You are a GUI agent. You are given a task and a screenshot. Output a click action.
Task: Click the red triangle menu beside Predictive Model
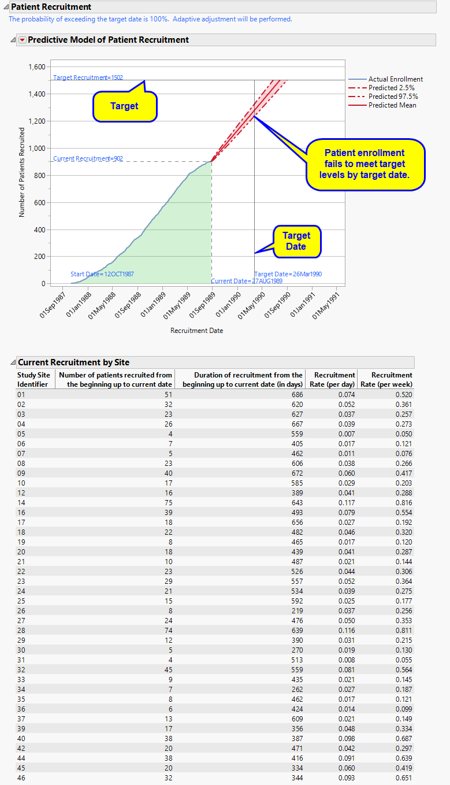click(23, 40)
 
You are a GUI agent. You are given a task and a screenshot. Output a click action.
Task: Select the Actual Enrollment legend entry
click(395, 79)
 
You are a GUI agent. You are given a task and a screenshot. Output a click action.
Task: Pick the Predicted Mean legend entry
click(392, 105)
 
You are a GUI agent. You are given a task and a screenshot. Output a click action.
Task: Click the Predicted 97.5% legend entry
click(393, 97)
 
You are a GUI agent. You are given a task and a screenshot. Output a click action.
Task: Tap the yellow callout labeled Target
click(125, 106)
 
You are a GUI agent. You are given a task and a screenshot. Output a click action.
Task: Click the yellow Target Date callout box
click(296, 241)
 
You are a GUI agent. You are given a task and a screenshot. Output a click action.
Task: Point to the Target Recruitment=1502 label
click(88, 77)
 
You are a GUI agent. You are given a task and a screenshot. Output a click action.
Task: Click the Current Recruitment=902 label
click(88, 158)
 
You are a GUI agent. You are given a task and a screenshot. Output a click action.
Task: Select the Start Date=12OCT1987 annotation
click(102, 274)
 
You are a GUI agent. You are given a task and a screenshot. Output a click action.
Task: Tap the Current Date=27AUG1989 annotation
click(246, 282)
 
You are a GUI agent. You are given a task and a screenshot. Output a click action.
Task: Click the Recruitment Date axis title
click(196, 331)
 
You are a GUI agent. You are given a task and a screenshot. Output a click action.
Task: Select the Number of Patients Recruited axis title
click(22, 172)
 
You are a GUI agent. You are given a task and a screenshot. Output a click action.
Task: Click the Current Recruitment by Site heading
click(73, 362)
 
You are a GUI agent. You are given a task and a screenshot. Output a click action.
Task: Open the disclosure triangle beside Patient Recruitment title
click(5, 7)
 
